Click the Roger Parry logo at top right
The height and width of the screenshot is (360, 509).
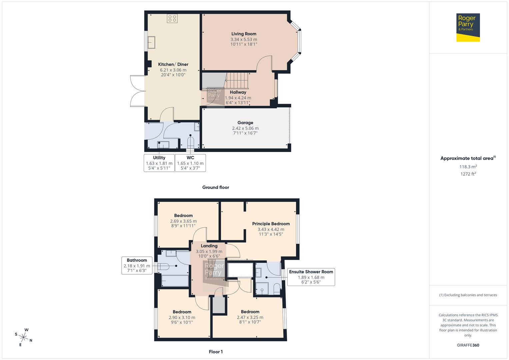[x=468, y=27]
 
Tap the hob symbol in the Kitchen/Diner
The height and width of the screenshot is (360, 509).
[x=172, y=18]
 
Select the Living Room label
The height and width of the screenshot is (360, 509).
[x=244, y=34]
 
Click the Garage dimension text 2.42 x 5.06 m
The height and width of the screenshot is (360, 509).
[x=245, y=128]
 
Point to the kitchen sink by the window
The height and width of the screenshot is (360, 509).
[x=152, y=43]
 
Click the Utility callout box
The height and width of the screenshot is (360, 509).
[x=159, y=163]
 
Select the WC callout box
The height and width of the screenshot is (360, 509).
[x=190, y=163]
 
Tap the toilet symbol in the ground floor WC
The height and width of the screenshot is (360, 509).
[x=190, y=143]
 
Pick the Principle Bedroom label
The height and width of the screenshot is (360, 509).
[x=271, y=224]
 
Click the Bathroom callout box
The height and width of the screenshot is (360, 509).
[x=137, y=266]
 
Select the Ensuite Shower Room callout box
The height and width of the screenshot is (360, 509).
[x=311, y=277]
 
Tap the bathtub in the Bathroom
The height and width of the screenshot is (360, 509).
[x=175, y=281]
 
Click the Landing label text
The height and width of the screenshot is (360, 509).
[x=209, y=246]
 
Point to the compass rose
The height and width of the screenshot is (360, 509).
[x=24, y=337]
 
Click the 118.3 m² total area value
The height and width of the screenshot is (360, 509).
[x=468, y=167]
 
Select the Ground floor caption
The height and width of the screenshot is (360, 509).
[x=215, y=187]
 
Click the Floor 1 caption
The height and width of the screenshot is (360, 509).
[x=215, y=352]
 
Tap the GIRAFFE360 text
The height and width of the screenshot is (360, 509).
[x=468, y=345]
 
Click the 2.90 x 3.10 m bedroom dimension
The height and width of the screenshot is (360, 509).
[x=182, y=317]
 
